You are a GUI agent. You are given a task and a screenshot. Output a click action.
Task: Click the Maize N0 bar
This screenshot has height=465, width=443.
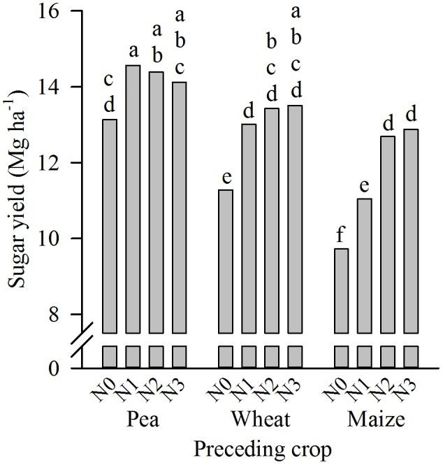click(341, 290)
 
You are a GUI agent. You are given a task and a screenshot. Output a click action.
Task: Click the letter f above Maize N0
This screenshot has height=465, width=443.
click(341, 235)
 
